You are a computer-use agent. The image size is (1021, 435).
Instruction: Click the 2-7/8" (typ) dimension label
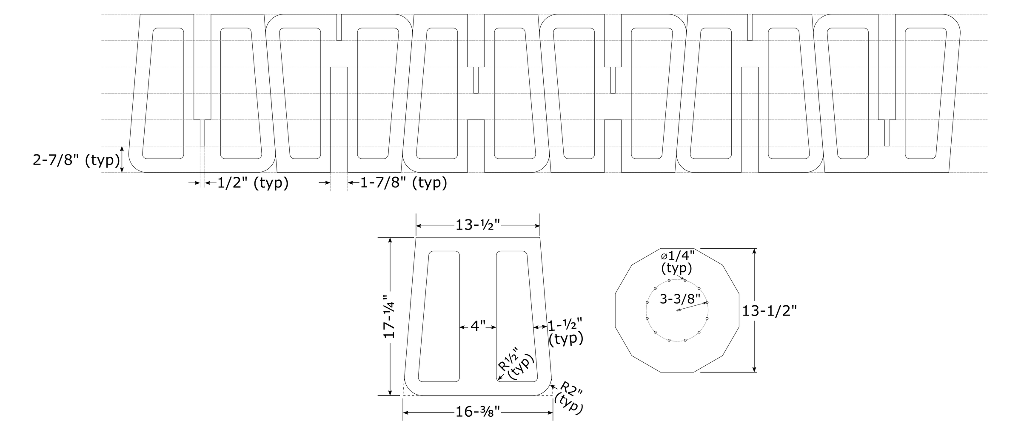(76, 160)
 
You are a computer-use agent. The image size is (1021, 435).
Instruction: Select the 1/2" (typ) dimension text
(253, 183)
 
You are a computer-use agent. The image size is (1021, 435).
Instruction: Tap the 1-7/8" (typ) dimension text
(404, 183)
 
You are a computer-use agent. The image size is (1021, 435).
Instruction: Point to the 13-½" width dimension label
(478, 225)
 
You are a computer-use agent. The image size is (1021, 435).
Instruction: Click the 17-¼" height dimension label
(389, 316)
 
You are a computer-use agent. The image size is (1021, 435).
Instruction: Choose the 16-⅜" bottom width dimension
(478, 412)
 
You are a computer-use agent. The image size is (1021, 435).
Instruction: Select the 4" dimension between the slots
(478, 327)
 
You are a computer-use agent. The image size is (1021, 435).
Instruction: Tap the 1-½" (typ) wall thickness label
(565, 332)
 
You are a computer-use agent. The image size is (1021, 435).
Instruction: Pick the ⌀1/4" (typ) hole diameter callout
(678, 262)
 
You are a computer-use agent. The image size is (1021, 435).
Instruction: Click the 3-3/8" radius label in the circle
(680, 299)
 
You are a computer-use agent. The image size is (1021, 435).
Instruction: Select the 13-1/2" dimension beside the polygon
(769, 311)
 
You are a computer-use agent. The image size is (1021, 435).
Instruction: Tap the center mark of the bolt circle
(677, 310)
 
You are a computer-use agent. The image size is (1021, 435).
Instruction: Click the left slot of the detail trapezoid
(439, 316)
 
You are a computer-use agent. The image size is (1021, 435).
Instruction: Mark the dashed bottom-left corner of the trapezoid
(403, 395)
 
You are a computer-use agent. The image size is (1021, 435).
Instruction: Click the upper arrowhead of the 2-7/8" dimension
(122, 149)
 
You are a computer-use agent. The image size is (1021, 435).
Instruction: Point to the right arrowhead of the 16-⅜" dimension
(550, 412)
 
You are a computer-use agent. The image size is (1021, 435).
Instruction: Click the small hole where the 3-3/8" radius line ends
(707, 302)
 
